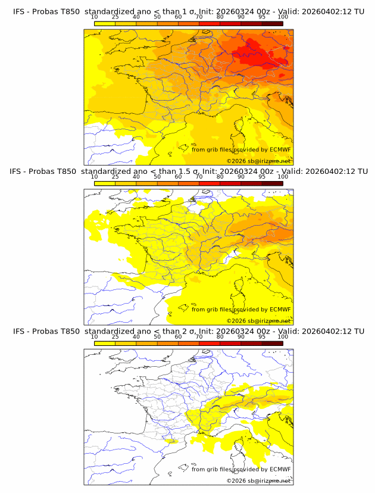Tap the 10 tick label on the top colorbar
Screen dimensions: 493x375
click(94, 17)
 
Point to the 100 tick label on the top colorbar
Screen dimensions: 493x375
click(283, 17)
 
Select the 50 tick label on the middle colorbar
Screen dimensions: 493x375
click(157, 177)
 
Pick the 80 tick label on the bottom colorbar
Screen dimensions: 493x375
click(220, 337)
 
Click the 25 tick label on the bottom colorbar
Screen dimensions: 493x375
click(115, 337)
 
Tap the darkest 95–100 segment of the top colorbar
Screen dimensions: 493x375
click(272, 23)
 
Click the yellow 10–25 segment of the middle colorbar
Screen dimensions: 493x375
click(105, 183)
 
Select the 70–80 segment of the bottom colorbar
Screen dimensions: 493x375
click(209, 344)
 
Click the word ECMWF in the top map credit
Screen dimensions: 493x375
click(280, 149)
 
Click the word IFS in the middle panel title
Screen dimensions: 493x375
click(16, 171)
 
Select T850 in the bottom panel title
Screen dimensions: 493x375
click(68, 331)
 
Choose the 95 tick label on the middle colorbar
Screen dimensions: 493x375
click(262, 177)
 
